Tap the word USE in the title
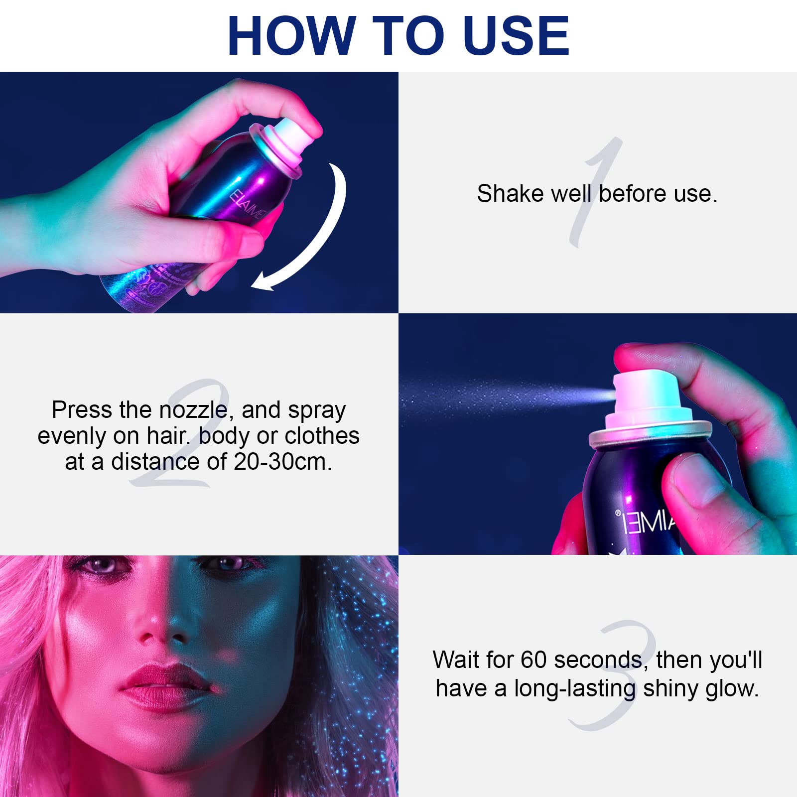pos(516,35)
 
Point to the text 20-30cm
pos(283,462)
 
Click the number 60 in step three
pos(534,660)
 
